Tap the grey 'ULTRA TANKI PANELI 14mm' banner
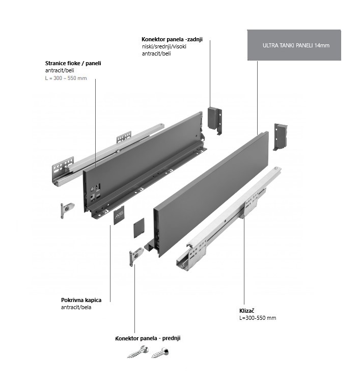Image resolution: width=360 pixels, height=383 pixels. click(296, 45)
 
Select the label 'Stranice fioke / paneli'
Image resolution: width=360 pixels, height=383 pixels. click(73, 63)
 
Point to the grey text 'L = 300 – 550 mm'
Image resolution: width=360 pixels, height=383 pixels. click(66, 78)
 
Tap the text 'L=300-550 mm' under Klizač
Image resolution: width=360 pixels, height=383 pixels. click(258, 318)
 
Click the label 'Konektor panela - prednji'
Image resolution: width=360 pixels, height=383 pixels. click(148, 338)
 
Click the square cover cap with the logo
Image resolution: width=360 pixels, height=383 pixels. click(119, 216)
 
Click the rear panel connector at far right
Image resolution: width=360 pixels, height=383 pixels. click(282, 136)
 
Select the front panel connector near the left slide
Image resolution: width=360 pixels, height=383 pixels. click(67, 208)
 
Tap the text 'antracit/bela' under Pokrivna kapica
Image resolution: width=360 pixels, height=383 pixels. click(77, 307)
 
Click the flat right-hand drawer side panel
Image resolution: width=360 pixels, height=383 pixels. click(209, 194)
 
